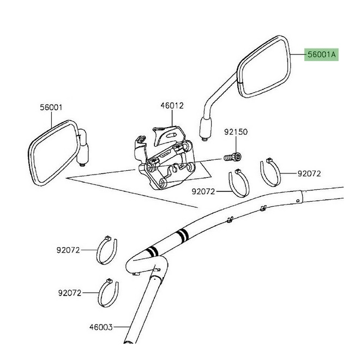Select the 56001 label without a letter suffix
point(51,108)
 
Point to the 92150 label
point(236,133)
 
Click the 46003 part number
point(101,328)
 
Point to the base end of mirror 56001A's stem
point(206,130)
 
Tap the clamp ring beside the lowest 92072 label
point(109,292)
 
